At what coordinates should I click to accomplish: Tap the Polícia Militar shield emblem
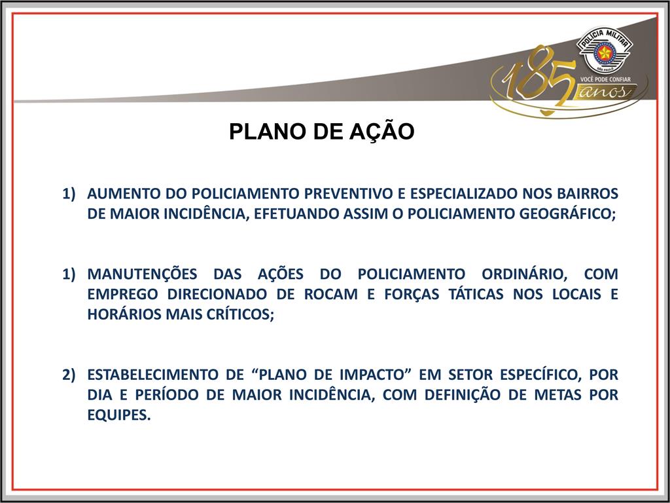[604, 50]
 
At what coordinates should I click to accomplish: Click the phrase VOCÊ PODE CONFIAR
[605, 79]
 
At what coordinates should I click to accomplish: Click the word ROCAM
[330, 294]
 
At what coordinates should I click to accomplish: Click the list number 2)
[69, 375]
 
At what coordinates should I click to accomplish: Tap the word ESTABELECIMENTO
[152, 375]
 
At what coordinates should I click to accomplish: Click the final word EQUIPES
[119, 415]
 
